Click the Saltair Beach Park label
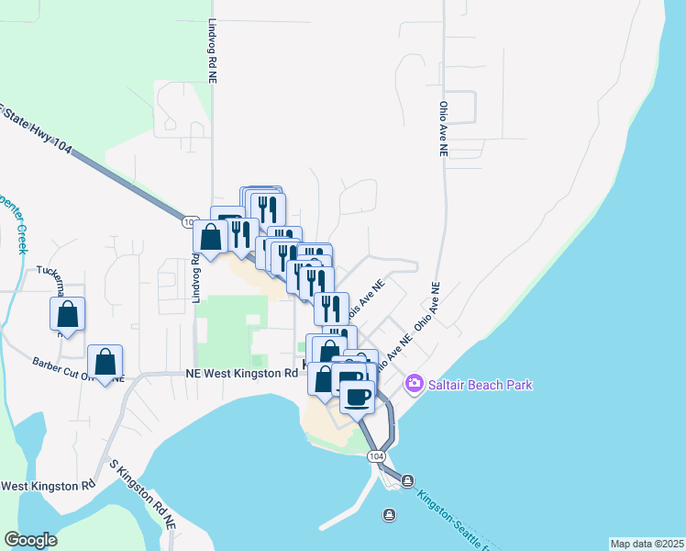coord(480,385)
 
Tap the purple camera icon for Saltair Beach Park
coord(414,383)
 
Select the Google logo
coord(30,540)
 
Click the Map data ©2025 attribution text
coord(646,544)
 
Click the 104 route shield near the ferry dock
coord(375,455)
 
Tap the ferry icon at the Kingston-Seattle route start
coord(406,480)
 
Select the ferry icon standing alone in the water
coord(389,514)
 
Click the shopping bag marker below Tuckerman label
coord(68,315)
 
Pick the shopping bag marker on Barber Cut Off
coord(105,363)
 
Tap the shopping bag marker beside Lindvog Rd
coord(211,238)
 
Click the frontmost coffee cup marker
coord(358,397)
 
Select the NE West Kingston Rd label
coord(241,374)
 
